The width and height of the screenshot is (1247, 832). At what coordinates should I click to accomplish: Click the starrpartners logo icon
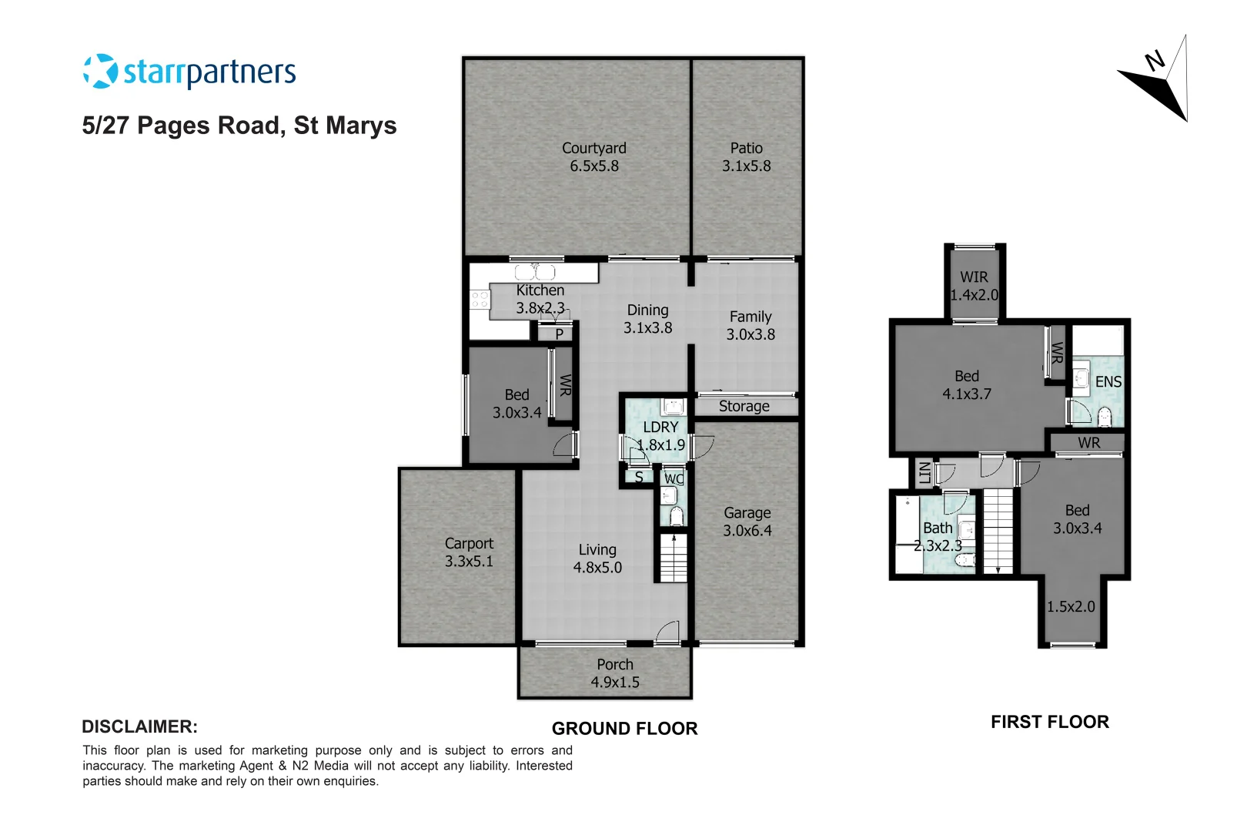tap(100, 72)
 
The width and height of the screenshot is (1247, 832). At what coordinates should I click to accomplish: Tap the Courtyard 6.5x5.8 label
tap(593, 156)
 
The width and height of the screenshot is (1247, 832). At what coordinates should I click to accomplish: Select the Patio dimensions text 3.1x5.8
tap(746, 166)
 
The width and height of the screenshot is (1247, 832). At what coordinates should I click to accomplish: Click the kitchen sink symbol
tap(535, 272)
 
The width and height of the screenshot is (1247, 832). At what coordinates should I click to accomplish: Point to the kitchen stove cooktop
tap(480, 300)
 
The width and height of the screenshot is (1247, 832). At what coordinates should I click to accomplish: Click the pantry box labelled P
tap(559, 334)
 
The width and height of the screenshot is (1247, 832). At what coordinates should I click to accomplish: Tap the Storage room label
tap(744, 406)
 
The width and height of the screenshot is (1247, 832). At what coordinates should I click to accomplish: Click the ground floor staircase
tap(674, 558)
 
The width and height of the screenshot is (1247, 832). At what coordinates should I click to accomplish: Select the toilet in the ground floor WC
tap(676, 515)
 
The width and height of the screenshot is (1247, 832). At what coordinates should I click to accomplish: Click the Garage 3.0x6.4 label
tap(747, 522)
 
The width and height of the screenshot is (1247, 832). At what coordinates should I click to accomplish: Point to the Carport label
tap(469, 543)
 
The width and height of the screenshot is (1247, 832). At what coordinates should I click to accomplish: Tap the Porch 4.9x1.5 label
tap(614, 673)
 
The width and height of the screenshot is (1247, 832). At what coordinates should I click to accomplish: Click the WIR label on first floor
tap(974, 277)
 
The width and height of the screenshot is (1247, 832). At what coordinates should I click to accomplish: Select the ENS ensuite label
tap(1108, 381)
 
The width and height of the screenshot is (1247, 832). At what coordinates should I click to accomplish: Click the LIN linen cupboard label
tap(924, 472)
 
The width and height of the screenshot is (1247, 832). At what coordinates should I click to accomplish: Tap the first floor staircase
tap(998, 532)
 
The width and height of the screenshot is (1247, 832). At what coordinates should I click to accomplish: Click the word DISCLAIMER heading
tap(139, 726)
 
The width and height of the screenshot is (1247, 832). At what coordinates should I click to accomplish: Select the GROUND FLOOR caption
tap(624, 728)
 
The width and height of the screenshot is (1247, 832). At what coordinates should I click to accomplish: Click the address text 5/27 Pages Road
tap(239, 126)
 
